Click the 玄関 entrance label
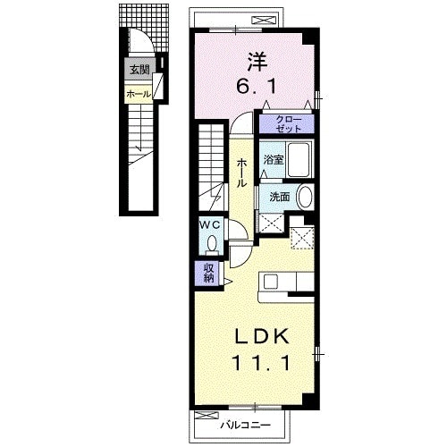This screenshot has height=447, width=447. click(x=139, y=70)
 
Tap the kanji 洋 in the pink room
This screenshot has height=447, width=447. click(x=256, y=62)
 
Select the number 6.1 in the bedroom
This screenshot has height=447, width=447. click(x=257, y=87)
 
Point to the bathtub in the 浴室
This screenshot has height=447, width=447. click(x=299, y=159)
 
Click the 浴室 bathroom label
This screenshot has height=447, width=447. click(x=273, y=160)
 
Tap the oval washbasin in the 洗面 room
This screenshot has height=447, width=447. click(x=305, y=197)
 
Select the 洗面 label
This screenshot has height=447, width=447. click(x=280, y=197)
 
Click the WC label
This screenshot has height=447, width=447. click(x=210, y=224)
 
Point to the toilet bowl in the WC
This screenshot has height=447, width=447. click(x=212, y=243)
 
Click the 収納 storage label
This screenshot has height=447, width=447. click(x=209, y=273)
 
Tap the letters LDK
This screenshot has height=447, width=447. click(x=262, y=336)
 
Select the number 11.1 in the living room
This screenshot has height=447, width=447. click(x=262, y=363)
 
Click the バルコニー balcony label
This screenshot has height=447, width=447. click(x=246, y=425)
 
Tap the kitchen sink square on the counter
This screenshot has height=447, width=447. click(x=271, y=282)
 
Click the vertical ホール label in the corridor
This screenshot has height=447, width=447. click(x=241, y=173)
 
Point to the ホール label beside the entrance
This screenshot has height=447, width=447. click(x=139, y=95)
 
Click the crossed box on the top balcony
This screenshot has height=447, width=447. click(x=262, y=21)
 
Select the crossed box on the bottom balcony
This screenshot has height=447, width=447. click(x=207, y=415)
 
